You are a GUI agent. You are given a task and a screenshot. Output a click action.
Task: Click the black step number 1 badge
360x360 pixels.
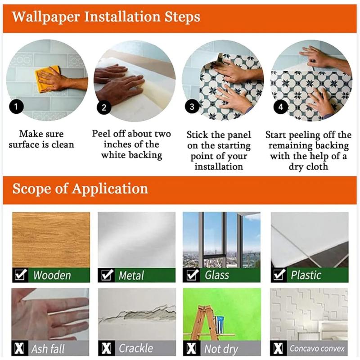tap(16, 107)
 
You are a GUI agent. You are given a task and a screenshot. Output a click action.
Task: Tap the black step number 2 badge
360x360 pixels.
tap(104, 108)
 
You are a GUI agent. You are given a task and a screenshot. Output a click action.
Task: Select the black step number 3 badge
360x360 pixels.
tap(192, 107)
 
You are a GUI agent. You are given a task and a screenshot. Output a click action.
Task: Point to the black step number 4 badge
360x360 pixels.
tap(280, 107)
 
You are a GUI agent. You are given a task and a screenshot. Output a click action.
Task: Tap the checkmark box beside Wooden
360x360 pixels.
tap(20, 274)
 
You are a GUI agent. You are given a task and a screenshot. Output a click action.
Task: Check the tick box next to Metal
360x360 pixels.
tap(107, 275)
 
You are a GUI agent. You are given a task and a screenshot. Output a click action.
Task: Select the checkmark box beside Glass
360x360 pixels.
tap(193, 275)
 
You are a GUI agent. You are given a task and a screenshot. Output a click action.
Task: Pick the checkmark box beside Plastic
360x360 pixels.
tap(279, 274)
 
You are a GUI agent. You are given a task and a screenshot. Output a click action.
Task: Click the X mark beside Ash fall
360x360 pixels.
tap(19, 348)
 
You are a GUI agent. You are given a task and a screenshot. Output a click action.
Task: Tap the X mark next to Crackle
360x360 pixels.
tap(106, 348)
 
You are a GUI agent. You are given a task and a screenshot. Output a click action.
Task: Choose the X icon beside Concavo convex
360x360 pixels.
tap(278, 348)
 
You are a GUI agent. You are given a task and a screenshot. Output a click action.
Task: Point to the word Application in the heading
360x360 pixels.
tap(110, 189)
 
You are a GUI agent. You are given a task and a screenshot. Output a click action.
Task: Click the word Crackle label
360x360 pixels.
tap(136, 348)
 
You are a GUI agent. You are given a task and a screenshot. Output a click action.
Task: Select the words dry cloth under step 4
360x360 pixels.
tap(308, 167)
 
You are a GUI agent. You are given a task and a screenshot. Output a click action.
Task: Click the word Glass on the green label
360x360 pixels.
tap(217, 275)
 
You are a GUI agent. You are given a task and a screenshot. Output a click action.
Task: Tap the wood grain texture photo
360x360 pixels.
tap(51, 240)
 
